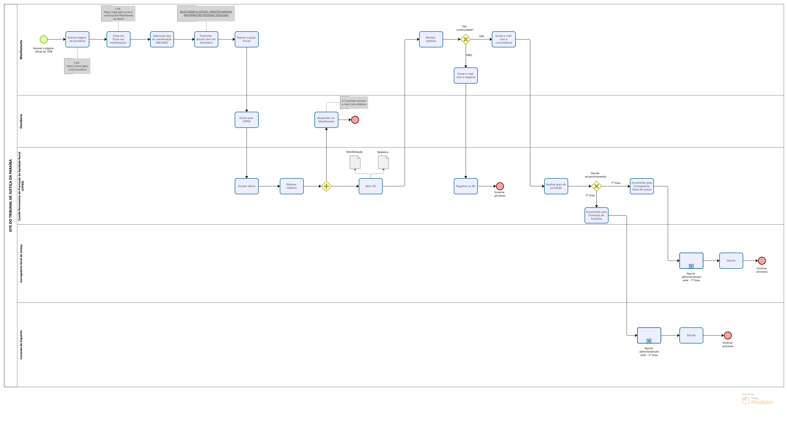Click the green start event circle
[x=44, y=39]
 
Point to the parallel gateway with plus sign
[x=326, y=186]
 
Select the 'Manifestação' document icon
[x=355, y=162]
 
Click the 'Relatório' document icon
[x=383, y=162]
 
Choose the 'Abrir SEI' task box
[x=370, y=186]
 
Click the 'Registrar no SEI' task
[x=466, y=186]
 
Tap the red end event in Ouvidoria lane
[x=355, y=120]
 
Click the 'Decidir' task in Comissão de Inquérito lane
[x=691, y=335]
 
